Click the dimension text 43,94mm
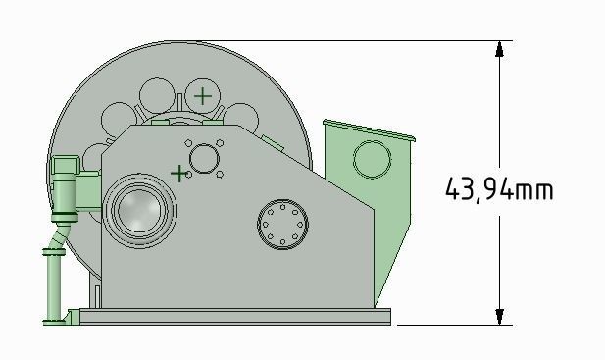pos(499,188)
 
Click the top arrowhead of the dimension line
pos(500,48)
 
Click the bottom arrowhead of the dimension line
pos(500,316)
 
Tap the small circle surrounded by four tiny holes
pos(203,158)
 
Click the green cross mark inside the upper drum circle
pos(202,95)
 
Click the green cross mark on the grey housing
pos(178,174)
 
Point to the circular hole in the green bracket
pos(371,158)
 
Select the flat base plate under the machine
pos(235,316)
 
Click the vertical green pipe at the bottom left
pos(51,284)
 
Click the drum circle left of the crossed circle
pos(156,96)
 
